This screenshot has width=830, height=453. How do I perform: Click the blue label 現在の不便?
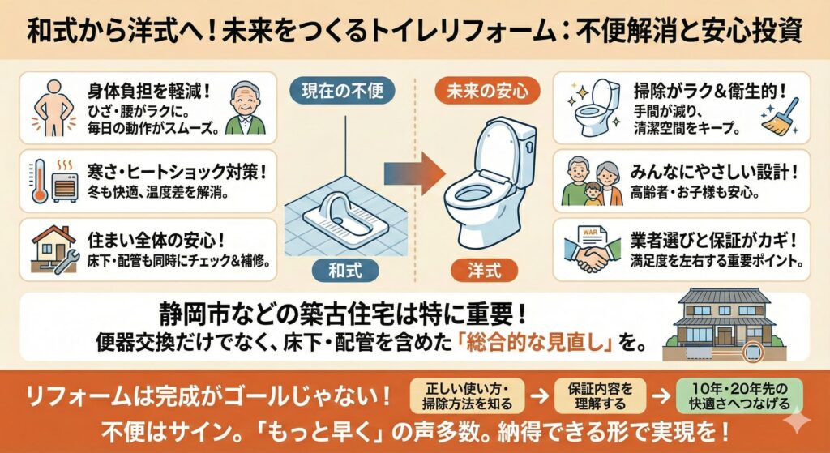pos(343,91)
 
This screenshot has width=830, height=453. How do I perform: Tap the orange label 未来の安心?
pos(487,91)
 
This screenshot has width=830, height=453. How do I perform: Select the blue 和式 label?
pos(344,271)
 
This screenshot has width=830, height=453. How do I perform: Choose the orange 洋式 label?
pos(484,271)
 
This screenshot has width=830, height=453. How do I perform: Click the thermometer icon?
pos(39,182)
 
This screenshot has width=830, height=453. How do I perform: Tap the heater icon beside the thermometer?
pos(65,183)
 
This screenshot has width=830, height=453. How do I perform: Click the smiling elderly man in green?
pos(246,109)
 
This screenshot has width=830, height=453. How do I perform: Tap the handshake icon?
pos(593,255)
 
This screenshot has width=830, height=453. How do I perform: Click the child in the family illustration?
pos(593,194)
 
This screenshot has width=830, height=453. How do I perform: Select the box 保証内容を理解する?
pos(601,396)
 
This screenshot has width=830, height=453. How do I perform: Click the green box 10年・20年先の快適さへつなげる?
pos(739,396)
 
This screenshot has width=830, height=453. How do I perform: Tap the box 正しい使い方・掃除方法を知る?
pos(467,396)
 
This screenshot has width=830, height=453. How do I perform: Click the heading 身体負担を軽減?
pos(150,92)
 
